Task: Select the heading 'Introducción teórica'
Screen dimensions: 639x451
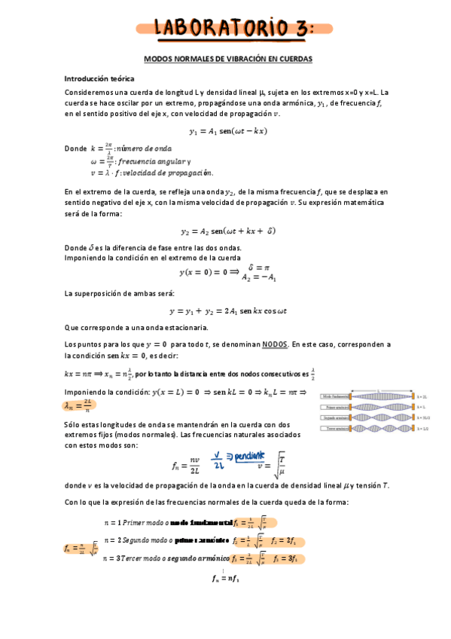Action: click(99, 78)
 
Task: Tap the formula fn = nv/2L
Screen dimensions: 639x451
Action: click(185, 464)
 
